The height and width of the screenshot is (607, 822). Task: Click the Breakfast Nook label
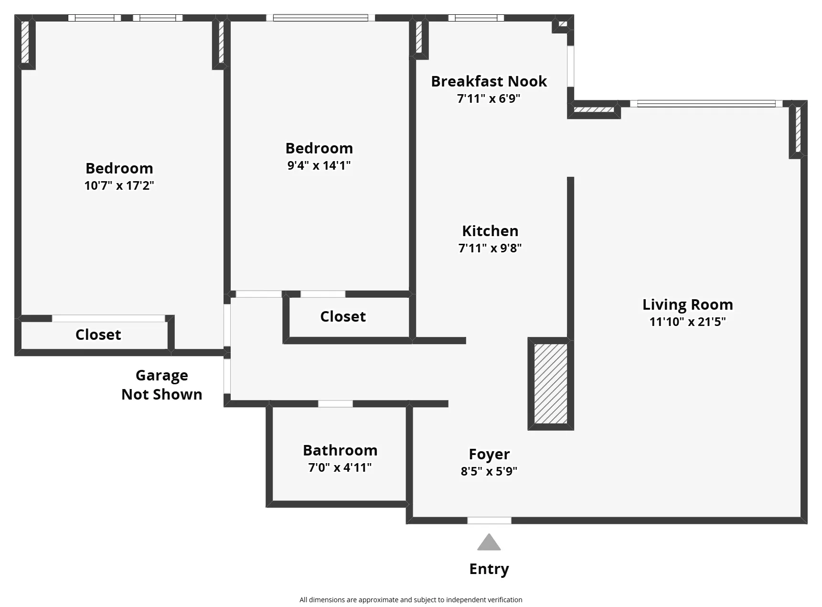pos(489,81)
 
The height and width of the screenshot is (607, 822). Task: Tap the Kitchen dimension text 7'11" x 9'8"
pos(490,248)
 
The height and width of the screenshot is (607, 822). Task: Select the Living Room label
pos(687,304)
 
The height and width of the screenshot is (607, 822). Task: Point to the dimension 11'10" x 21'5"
pos(687,322)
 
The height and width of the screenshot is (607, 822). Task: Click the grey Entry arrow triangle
pos(489,543)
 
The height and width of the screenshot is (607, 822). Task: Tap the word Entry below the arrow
pos(489,569)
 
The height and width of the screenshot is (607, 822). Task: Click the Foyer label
pos(489,454)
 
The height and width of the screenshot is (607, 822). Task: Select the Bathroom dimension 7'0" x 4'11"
pos(340,467)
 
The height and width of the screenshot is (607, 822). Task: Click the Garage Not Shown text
pos(161,385)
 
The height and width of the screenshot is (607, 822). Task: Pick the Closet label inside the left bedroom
pos(98,335)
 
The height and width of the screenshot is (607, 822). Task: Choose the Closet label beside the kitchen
pos(342,316)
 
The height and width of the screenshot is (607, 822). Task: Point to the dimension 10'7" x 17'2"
pos(119,185)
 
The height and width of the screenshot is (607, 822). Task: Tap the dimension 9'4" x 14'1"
pos(319,165)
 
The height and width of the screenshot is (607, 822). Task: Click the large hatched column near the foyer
pos(550,383)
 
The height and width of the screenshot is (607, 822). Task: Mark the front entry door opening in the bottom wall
pos(489,520)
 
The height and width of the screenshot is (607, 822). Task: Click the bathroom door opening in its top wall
pos(335,404)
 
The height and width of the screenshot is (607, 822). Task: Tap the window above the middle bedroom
pos(320,18)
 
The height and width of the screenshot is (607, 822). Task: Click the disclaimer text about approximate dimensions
pos(410,600)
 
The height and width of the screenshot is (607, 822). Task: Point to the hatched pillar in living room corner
pos(798,129)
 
